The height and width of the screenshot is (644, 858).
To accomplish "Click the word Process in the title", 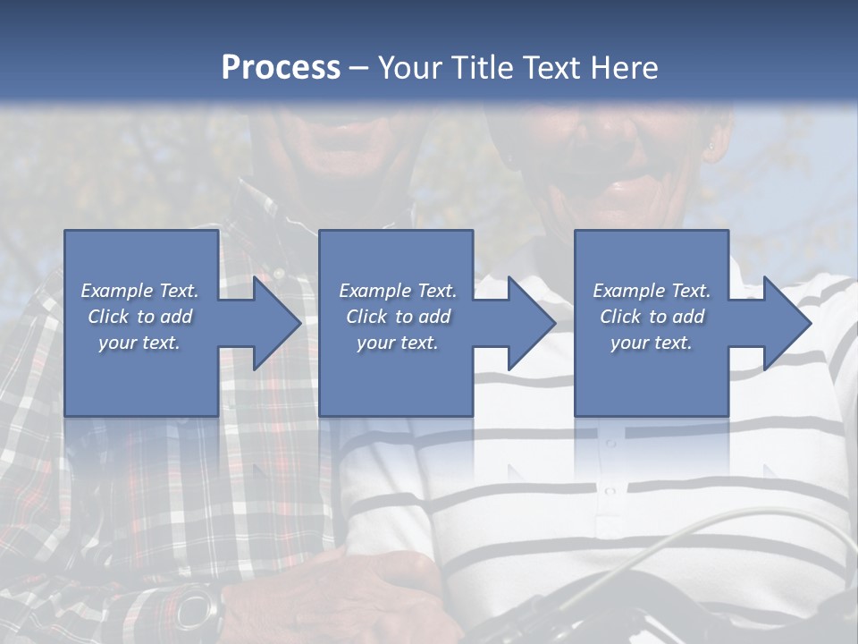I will (x=281, y=68).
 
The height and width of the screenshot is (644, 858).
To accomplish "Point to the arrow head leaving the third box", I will (x=786, y=323).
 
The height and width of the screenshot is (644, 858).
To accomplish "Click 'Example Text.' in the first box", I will (x=140, y=291).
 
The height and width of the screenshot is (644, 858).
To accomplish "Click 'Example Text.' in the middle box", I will (x=397, y=291).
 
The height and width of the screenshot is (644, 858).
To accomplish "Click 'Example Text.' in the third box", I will (x=652, y=291).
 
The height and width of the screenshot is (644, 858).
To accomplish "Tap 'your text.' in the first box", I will (x=140, y=343).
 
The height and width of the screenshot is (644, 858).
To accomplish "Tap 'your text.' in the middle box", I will (x=397, y=343).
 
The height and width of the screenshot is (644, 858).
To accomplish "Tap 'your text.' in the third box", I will (x=652, y=343).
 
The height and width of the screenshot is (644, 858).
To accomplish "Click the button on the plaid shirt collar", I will (x=278, y=273).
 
